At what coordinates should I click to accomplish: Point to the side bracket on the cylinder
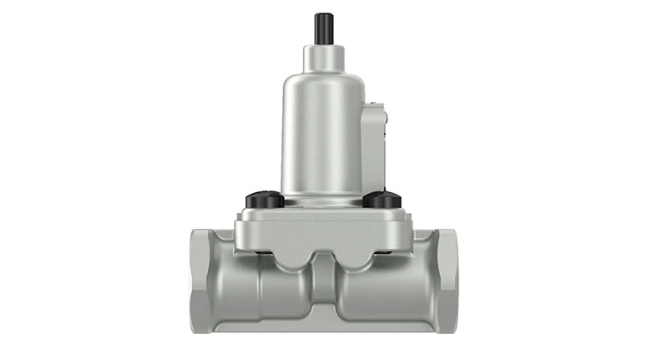(374, 142)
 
